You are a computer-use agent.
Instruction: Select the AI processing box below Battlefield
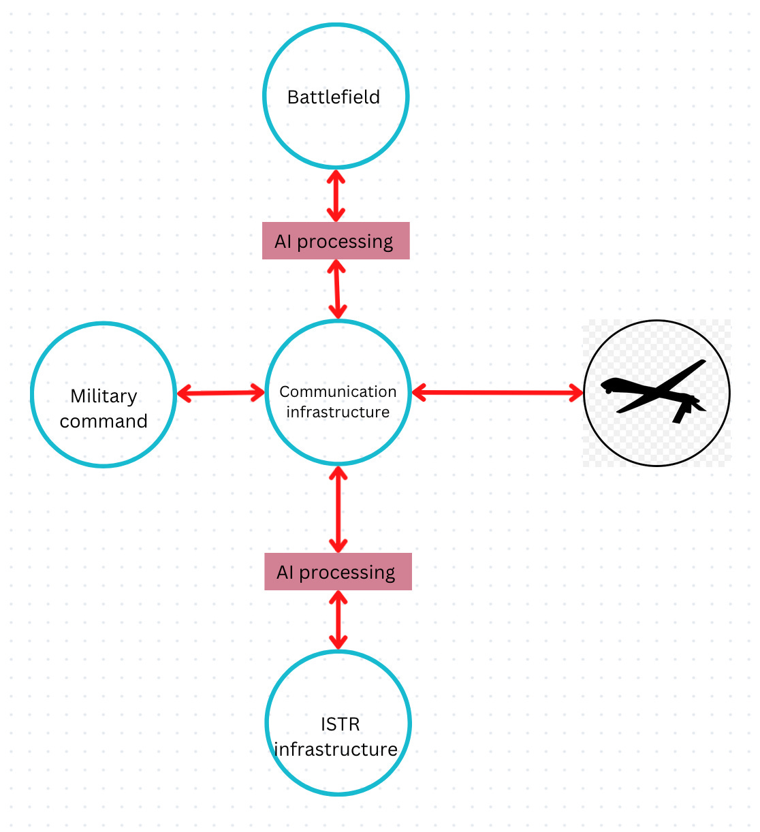(336, 241)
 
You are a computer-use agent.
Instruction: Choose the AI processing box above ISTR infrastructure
(338, 572)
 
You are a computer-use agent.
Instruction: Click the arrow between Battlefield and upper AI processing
(336, 195)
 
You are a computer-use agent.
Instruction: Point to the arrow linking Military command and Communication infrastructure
(221, 393)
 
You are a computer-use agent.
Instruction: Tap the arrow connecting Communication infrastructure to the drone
(498, 392)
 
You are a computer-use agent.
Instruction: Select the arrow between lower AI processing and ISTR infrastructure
(338, 620)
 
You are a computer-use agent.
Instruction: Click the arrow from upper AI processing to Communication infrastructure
(336, 289)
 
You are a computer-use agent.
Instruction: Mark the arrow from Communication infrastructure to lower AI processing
(338, 509)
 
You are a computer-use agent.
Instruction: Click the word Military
(104, 396)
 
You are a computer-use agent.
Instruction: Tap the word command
(104, 421)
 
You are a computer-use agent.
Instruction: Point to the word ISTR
(340, 724)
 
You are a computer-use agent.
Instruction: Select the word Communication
(338, 391)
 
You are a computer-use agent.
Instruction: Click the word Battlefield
(334, 97)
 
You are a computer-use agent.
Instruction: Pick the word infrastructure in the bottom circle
(336, 749)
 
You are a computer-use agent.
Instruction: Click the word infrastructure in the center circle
(338, 412)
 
